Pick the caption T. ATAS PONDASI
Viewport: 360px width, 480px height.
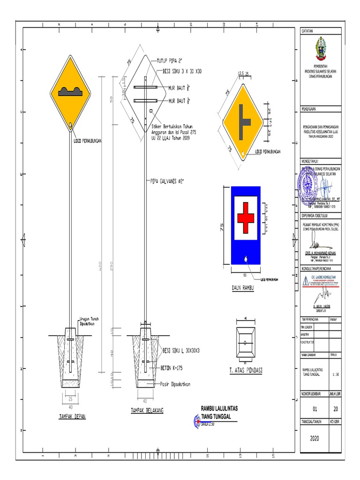click(x=246, y=370)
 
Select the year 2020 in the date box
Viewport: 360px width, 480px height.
click(x=315, y=439)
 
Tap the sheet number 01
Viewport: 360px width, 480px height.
click(x=315, y=408)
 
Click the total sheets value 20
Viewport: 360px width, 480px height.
click(x=336, y=408)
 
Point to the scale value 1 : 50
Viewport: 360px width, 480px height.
click(x=336, y=374)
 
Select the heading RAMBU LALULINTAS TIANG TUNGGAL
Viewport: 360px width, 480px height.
click(x=219, y=412)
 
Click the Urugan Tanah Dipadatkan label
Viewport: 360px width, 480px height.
click(x=88, y=321)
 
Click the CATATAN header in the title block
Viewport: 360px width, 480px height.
click(x=307, y=30)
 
